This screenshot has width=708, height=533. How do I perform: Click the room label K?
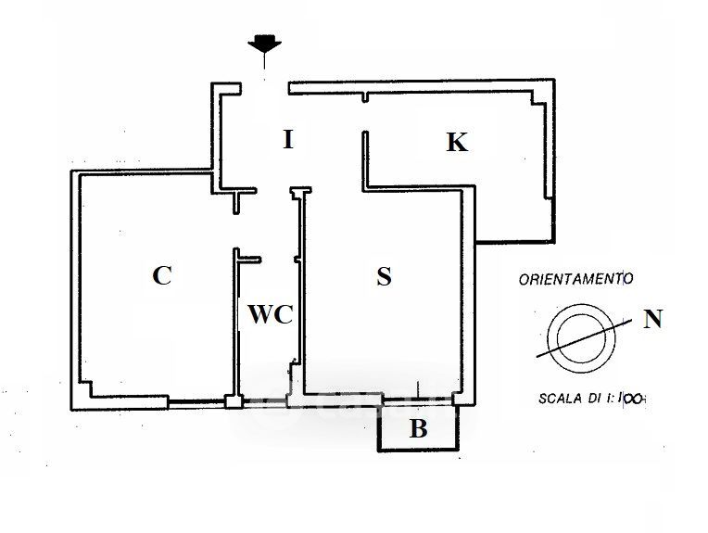coord(456,143)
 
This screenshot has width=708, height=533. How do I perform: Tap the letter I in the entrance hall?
coord(288,141)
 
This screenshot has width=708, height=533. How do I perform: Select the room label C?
coord(161,275)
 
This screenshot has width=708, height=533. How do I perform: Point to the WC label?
coord(270,315)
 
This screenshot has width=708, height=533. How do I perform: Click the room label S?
coord(385,276)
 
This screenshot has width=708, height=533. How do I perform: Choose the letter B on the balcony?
coord(419,429)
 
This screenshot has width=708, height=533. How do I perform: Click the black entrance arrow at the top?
coord(265,44)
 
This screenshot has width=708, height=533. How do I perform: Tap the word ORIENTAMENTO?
coord(575,278)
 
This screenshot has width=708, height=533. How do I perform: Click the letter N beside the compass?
coord(652,321)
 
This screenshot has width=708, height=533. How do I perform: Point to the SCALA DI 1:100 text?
coord(590,400)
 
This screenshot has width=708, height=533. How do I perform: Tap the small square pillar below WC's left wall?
coord(234,402)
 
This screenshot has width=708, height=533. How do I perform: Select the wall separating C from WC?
coord(235,324)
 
